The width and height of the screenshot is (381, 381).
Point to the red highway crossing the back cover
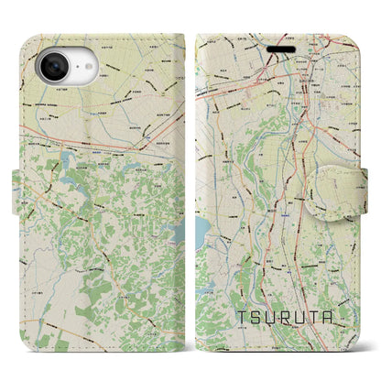pos(92,139)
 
